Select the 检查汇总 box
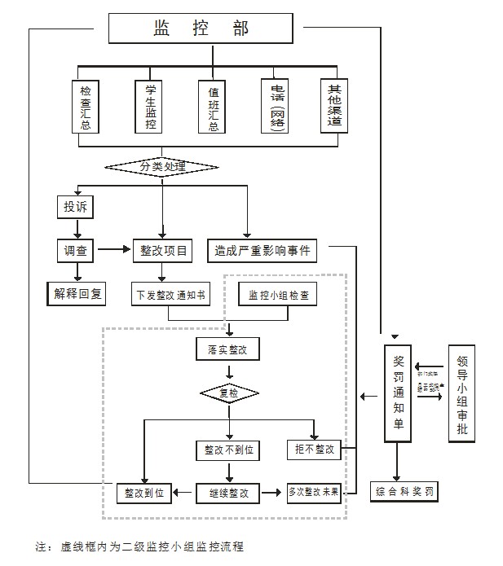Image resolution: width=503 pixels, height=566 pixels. coord(86,107)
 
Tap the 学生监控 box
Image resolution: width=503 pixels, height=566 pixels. coord(150,107)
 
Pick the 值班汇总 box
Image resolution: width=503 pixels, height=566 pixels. coord(214,107)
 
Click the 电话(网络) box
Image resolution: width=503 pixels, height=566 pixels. coord(276,107)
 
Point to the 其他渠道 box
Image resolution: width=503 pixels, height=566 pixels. coord(334,107)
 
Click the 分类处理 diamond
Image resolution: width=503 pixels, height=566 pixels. coord(162,167)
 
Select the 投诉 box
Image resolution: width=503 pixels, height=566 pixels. coord(75,207)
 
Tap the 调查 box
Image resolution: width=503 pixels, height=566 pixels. coord(75,251)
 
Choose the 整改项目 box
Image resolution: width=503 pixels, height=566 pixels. coord(162,251)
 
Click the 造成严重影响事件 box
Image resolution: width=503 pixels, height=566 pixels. coord(263,251)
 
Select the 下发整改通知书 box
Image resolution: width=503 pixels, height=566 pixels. coord(169,294)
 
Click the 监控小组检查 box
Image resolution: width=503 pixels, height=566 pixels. coord(278,294)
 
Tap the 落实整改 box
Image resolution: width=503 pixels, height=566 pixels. coord(227,349)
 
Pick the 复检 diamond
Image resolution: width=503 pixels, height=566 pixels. coord(229,393)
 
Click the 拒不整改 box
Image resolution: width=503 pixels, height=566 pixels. coord(314,450)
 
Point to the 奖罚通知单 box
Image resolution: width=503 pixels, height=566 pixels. coord(399,394)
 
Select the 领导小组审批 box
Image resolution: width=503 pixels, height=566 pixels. coord(462,394)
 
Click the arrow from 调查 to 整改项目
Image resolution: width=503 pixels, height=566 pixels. coord(113,251)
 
